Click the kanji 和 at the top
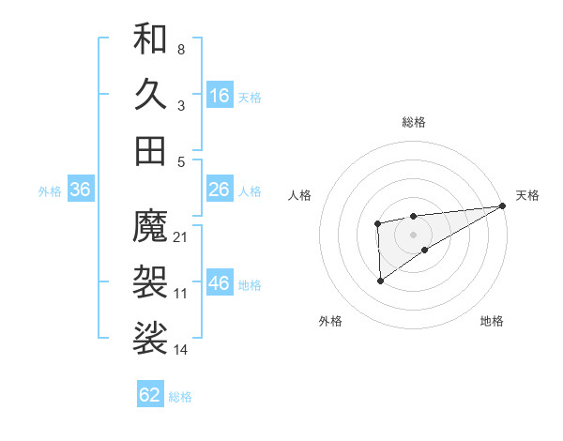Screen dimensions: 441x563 150,38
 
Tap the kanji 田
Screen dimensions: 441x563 150,150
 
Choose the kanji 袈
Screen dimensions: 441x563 150,281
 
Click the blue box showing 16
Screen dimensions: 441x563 220,96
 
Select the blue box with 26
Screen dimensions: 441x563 220,190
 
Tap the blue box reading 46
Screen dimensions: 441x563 220,284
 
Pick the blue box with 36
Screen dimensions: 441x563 81,190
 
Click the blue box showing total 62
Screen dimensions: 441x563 150,395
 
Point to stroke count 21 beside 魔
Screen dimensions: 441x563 182,236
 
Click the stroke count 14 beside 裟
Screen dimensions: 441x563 182,350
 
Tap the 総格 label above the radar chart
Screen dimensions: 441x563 413,122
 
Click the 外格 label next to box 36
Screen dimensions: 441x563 50,191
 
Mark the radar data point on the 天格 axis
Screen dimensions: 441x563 503,206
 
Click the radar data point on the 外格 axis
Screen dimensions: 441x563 381,281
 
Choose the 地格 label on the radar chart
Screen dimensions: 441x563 492,321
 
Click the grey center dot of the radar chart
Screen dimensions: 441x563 413,233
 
